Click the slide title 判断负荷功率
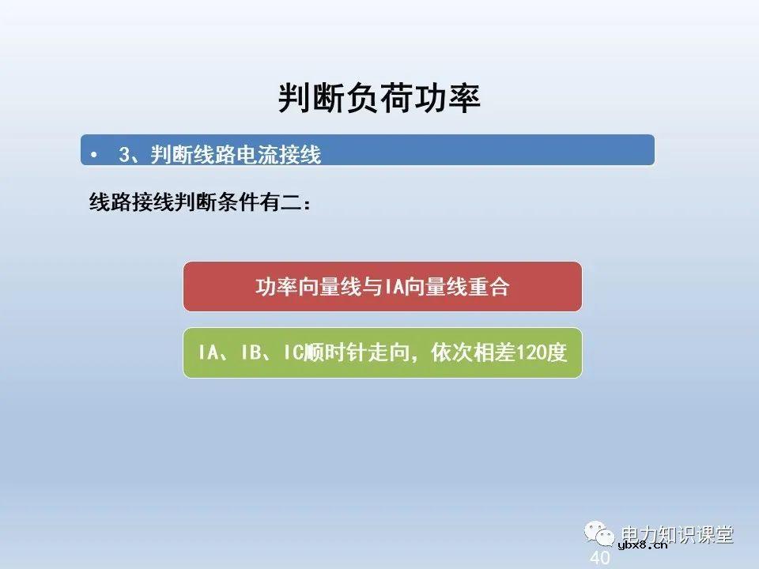379,98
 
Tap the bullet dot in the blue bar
95,155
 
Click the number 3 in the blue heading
124,155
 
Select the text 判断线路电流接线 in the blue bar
236,155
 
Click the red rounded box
383,286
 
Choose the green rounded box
383,352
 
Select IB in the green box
251,353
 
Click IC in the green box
294,353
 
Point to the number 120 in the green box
531,353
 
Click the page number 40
600,558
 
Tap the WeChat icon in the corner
601,534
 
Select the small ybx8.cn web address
642,545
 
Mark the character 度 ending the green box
557,353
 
